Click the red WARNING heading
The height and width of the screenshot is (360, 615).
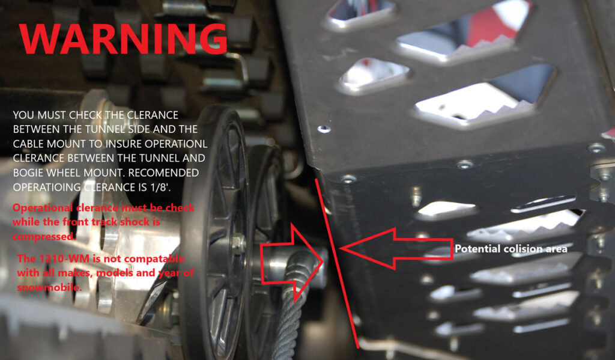(123, 39)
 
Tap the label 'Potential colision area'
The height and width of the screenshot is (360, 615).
(511, 248)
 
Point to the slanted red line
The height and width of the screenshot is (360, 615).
(336, 258)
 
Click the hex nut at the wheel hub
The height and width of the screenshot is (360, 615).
(237, 243)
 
